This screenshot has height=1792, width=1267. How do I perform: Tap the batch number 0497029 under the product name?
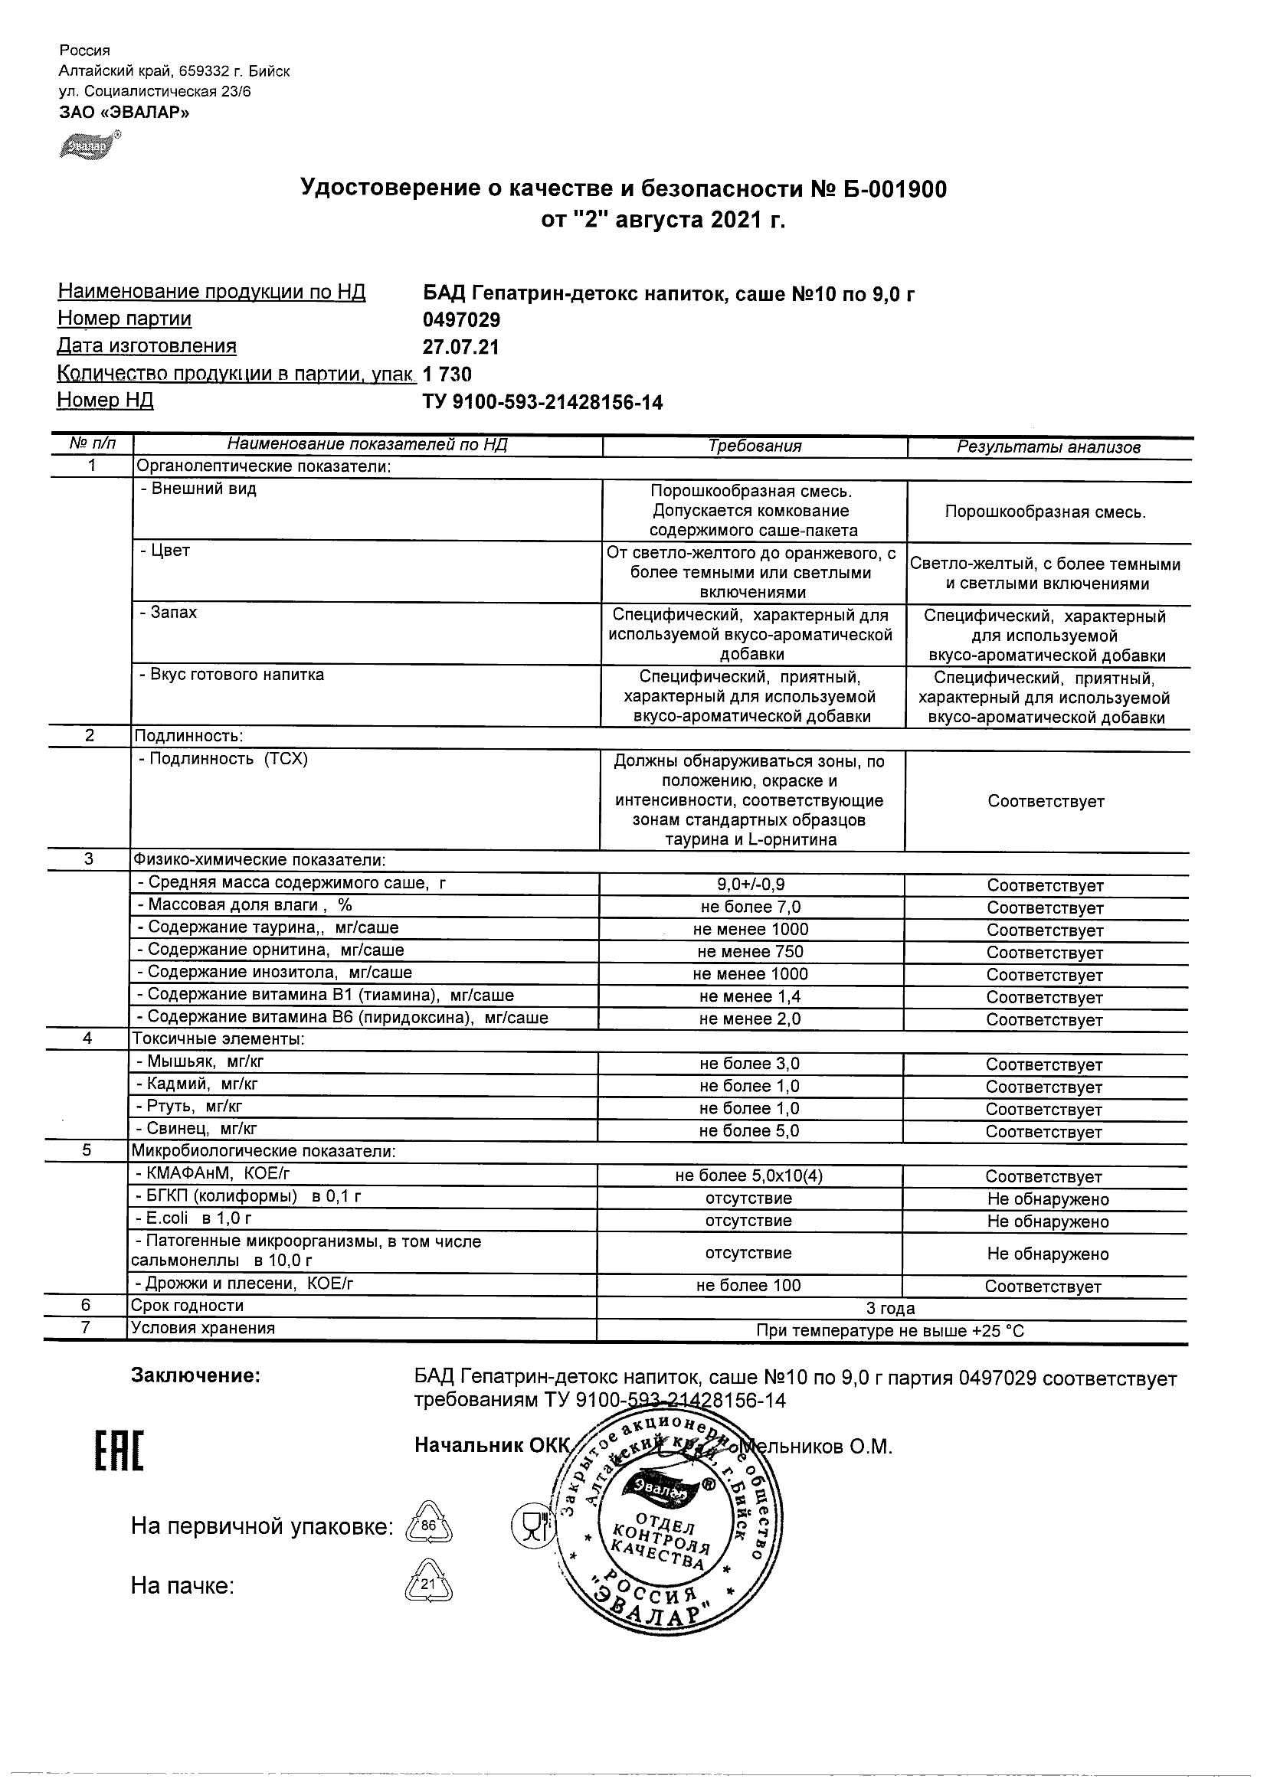click(x=461, y=320)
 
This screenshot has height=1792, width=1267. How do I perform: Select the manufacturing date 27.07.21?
click(x=460, y=348)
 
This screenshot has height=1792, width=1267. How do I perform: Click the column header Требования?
click(x=754, y=446)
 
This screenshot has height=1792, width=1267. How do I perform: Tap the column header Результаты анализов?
click(x=1049, y=447)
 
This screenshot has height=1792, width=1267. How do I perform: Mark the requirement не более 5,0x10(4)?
click(x=748, y=1176)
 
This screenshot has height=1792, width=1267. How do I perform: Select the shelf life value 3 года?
click(x=891, y=1308)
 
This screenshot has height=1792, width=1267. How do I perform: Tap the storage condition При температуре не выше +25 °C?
click(x=890, y=1331)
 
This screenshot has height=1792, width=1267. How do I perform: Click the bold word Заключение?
click(x=195, y=1375)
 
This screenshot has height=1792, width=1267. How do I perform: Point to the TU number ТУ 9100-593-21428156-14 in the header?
click(x=542, y=403)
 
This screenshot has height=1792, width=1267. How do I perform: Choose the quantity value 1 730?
click(x=447, y=374)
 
